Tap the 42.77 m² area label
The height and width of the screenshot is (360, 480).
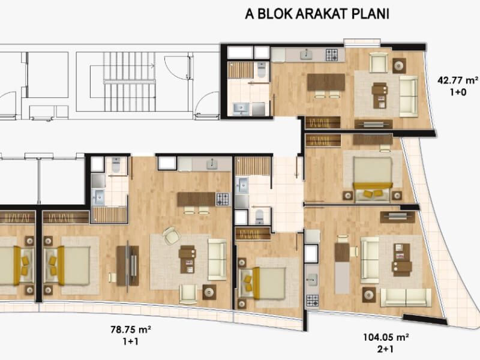458,80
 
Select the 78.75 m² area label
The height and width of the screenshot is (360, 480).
131,329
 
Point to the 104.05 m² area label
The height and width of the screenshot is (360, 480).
386,337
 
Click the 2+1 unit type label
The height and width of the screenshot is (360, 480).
385,349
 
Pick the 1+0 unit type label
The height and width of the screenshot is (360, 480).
458,92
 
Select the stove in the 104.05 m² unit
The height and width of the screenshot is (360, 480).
312,301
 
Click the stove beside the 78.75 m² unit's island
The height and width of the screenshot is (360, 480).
223,199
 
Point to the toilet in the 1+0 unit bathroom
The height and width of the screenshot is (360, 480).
262,70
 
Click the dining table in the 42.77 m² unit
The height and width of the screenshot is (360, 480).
326,82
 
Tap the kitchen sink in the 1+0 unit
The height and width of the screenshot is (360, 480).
307,55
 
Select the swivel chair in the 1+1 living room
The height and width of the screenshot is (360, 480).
172,235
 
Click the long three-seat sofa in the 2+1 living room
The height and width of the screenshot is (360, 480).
406,298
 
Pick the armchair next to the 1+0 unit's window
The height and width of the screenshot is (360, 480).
379,62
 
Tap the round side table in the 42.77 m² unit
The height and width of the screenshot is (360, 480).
399,65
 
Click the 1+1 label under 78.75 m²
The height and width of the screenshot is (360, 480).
131,341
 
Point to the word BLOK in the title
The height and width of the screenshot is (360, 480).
275,14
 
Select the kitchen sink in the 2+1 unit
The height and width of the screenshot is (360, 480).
312,279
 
